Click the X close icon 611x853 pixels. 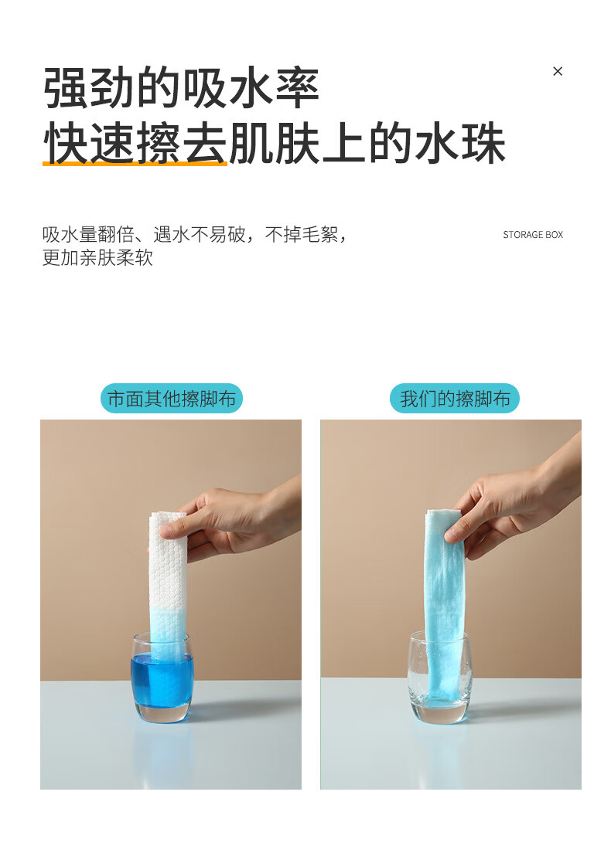(557, 71)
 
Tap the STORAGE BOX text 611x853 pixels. (533, 234)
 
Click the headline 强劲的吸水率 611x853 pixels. (181, 88)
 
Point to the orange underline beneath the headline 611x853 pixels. (135, 163)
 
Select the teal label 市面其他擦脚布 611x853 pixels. (171, 398)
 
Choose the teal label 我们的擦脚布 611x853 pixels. (454, 398)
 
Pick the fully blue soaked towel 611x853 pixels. (445, 604)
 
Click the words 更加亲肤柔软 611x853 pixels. (97, 257)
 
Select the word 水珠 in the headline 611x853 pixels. (460, 144)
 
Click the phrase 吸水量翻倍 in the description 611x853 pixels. (88, 234)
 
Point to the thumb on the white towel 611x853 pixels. (174, 528)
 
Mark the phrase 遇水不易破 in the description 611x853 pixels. (200, 234)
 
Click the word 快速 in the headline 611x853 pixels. (89, 144)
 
